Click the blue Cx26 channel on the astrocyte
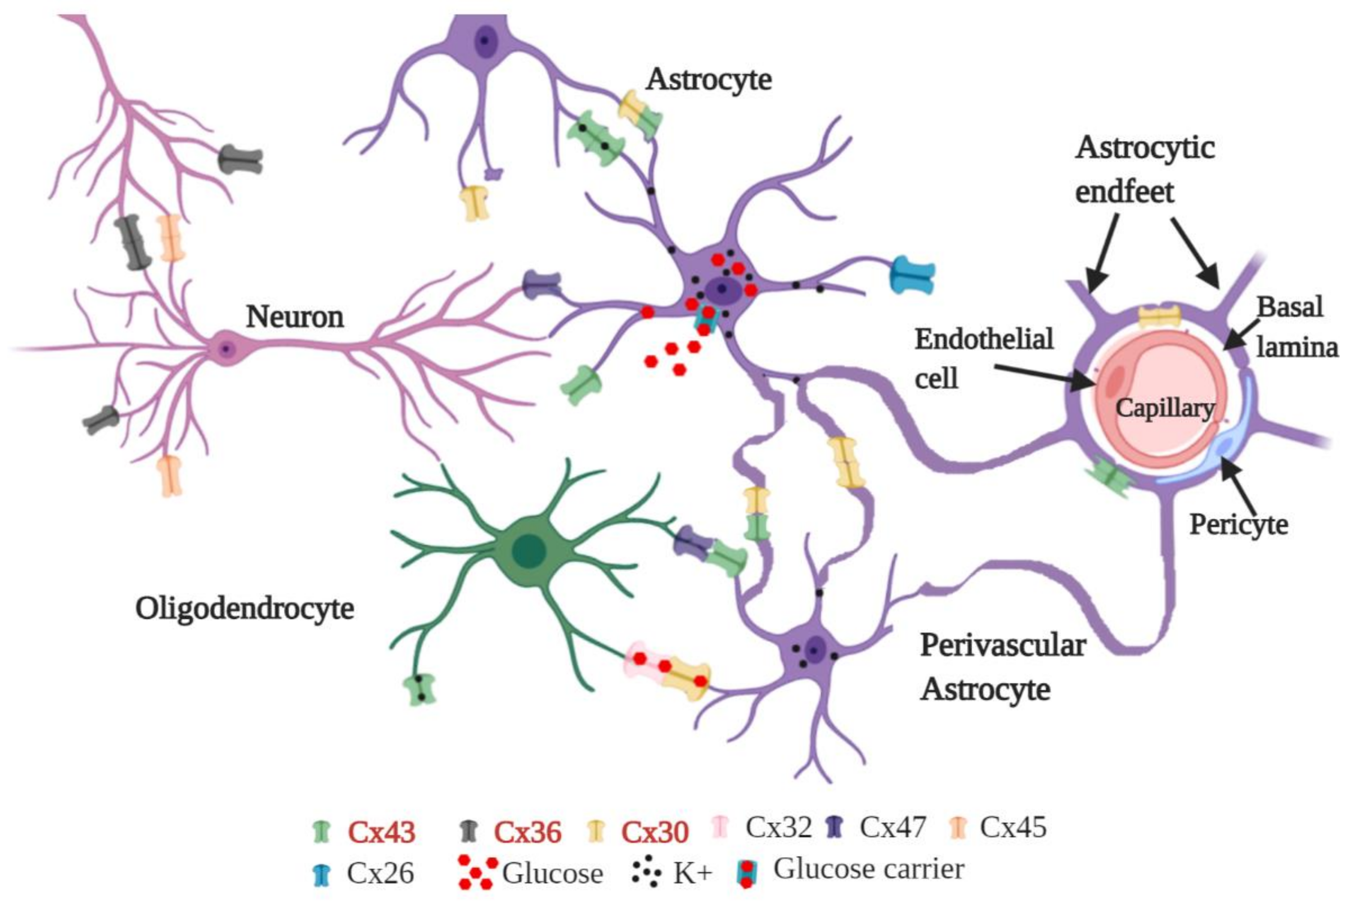pos(912,276)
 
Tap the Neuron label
pos(295,317)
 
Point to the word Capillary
pos(1165,408)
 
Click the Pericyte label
pos(1239,525)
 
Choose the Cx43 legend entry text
pos(381,832)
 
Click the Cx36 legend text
pos(527,832)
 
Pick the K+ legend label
pos(693,874)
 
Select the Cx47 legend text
pos(893,828)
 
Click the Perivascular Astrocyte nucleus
pos(814,651)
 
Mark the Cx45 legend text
pos(1013,828)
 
